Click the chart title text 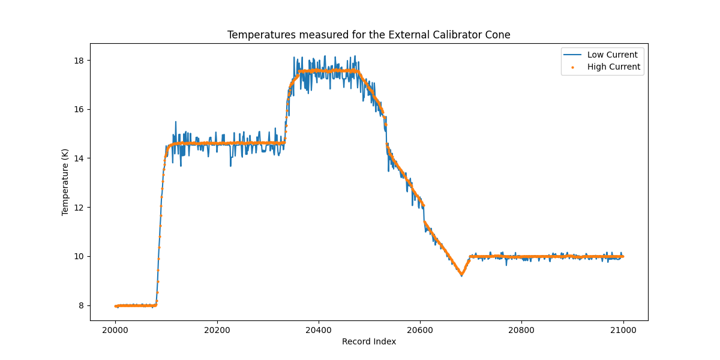coord(368,35)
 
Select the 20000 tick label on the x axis coord(115,329)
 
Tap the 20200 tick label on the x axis coord(217,329)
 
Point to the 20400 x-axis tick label coord(318,329)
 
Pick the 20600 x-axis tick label coord(419,329)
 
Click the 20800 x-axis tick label coord(521,329)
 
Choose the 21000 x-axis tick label coord(623,329)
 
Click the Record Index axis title coord(368,342)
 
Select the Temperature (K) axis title coord(65,181)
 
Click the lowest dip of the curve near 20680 coord(461,275)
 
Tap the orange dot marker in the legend coord(572,67)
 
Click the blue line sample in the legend coord(572,55)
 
